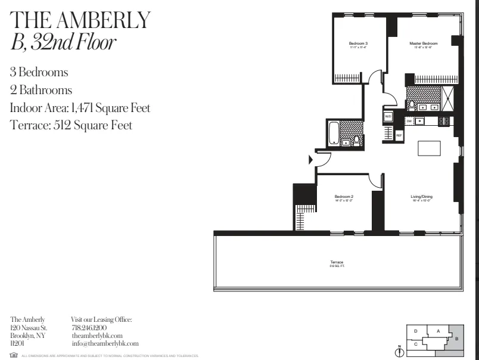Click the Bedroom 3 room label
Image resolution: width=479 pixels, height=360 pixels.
(x=358, y=44)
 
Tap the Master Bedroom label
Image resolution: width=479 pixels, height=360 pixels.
(x=424, y=44)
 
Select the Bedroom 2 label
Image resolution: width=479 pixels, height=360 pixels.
(x=344, y=197)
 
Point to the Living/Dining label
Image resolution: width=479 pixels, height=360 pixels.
(x=421, y=197)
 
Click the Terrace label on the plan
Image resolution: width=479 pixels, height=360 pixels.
(x=337, y=263)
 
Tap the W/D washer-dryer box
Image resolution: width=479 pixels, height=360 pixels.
(x=388, y=116)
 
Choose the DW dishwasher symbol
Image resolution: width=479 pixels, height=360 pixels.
(x=410, y=121)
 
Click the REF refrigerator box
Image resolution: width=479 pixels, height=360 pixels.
(x=399, y=135)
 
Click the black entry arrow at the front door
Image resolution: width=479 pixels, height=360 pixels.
(x=310, y=159)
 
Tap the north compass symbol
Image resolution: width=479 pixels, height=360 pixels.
(x=400, y=352)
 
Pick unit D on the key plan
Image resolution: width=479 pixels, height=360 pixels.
(x=416, y=330)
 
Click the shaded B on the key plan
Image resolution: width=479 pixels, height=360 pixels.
(x=456, y=339)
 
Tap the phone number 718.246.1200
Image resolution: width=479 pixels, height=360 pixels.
(x=89, y=328)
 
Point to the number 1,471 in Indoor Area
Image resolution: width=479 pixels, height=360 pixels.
(x=83, y=108)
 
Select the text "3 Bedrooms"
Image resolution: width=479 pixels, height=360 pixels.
(x=39, y=73)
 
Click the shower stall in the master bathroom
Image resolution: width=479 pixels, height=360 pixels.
(x=447, y=97)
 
